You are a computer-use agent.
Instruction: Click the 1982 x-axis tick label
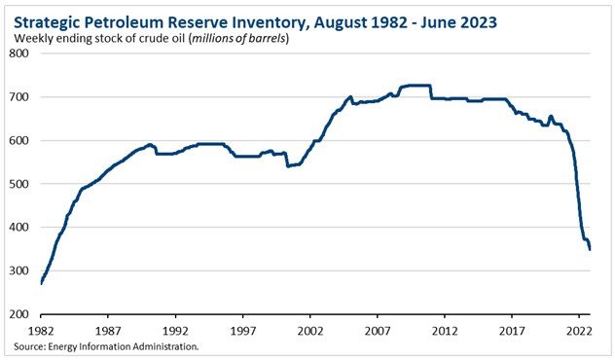[41, 331]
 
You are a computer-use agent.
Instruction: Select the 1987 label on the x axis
[108, 331]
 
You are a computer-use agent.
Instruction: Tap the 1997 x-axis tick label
[242, 331]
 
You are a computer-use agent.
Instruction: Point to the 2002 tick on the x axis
[309, 331]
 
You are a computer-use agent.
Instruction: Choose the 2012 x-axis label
[445, 331]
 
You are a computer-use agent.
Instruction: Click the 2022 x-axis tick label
[579, 331]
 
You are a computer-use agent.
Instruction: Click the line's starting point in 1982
[41, 282]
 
